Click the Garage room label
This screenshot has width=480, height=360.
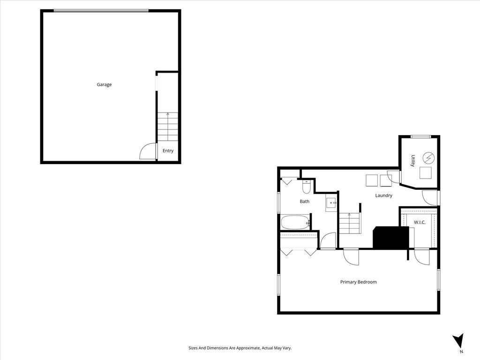[104, 84]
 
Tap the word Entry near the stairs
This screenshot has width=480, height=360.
[168, 150]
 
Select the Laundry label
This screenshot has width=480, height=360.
[383, 195]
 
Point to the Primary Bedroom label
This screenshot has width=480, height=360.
[359, 282]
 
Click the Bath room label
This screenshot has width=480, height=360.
[304, 202]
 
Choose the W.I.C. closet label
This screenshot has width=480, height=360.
[420, 222]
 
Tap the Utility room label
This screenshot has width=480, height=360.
[413, 160]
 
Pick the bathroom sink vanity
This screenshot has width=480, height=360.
[331, 203]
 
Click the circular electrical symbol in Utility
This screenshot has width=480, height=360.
[427, 157]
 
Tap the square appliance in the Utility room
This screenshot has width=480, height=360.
[426, 173]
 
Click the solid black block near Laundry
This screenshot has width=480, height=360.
[391, 238]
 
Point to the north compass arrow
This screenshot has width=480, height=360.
[458, 340]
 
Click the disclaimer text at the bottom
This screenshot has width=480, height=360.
[240, 348]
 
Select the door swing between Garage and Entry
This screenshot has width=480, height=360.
[148, 151]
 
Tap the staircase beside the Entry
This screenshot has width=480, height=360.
[167, 127]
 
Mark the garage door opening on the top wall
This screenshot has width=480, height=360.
[101, 11]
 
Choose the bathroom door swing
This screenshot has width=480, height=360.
[328, 240]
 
